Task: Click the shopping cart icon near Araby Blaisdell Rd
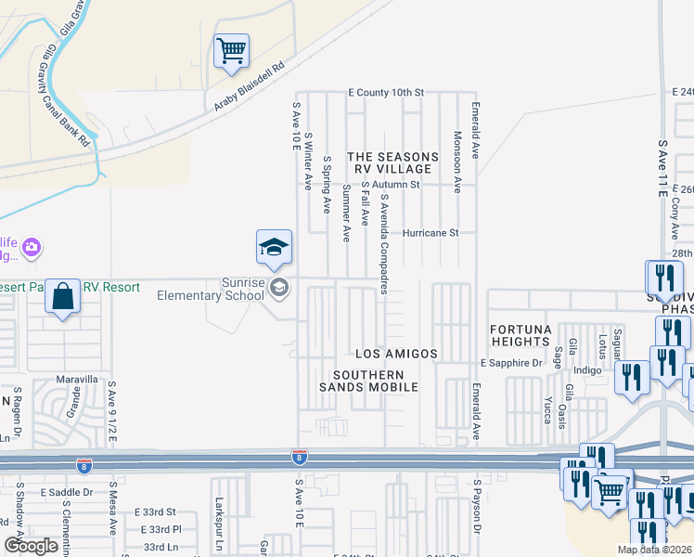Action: coord(231,50)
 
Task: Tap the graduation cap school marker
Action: coord(274,247)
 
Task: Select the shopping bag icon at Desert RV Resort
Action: coord(62,297)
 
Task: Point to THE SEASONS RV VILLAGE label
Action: coord(390,163)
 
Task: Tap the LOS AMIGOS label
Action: coord(396,355)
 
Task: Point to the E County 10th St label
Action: coord(386,93)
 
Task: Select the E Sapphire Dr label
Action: coord(510,362)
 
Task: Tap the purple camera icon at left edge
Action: coord(32,247)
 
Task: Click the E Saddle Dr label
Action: coord(67,492)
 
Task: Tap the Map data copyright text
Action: coord(653,550)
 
